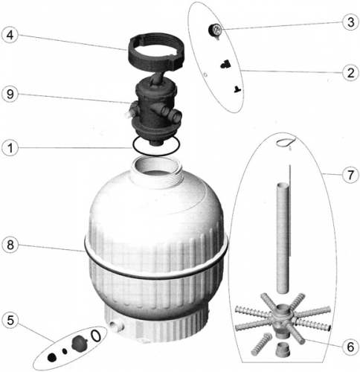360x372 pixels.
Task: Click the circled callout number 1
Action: point(10,148)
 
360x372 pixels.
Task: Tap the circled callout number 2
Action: point(350,73)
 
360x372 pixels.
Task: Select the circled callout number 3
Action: point(350,22)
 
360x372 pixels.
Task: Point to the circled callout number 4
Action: point(10,35)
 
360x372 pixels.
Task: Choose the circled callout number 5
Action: point(10,320)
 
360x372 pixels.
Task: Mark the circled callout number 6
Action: point(350,347)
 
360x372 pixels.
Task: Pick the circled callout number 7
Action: point(350,175)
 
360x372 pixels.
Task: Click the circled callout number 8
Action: point(10,245)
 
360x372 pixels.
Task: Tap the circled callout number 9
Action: point(10,94)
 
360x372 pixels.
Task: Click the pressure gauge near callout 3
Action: point(215,31)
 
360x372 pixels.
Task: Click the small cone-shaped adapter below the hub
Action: point(282,349)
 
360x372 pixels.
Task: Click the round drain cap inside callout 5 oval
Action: point(77,342)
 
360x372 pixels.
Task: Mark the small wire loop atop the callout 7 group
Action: point(286,141)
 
